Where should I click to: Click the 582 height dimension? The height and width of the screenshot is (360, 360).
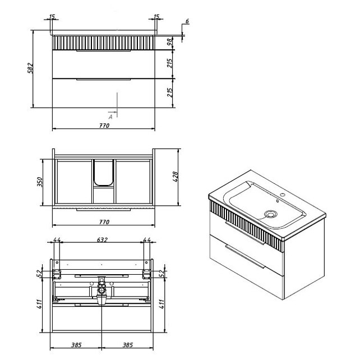tap(30, 68)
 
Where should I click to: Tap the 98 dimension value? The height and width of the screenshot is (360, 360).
tap(169, 41)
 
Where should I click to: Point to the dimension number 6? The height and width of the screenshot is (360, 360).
tap(187, 21)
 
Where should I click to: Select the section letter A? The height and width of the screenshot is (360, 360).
tap(110, 117)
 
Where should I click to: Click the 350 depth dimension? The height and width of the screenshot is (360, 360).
tap(40, 182)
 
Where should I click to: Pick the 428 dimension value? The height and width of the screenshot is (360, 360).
tap(175, 177)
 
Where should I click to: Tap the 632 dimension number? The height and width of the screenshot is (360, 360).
tap(102, 240)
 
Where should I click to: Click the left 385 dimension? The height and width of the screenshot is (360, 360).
tap(76, 345)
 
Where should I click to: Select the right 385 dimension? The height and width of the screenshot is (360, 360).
tap(127, 345)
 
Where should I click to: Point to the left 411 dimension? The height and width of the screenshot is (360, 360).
tap(39, 304)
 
